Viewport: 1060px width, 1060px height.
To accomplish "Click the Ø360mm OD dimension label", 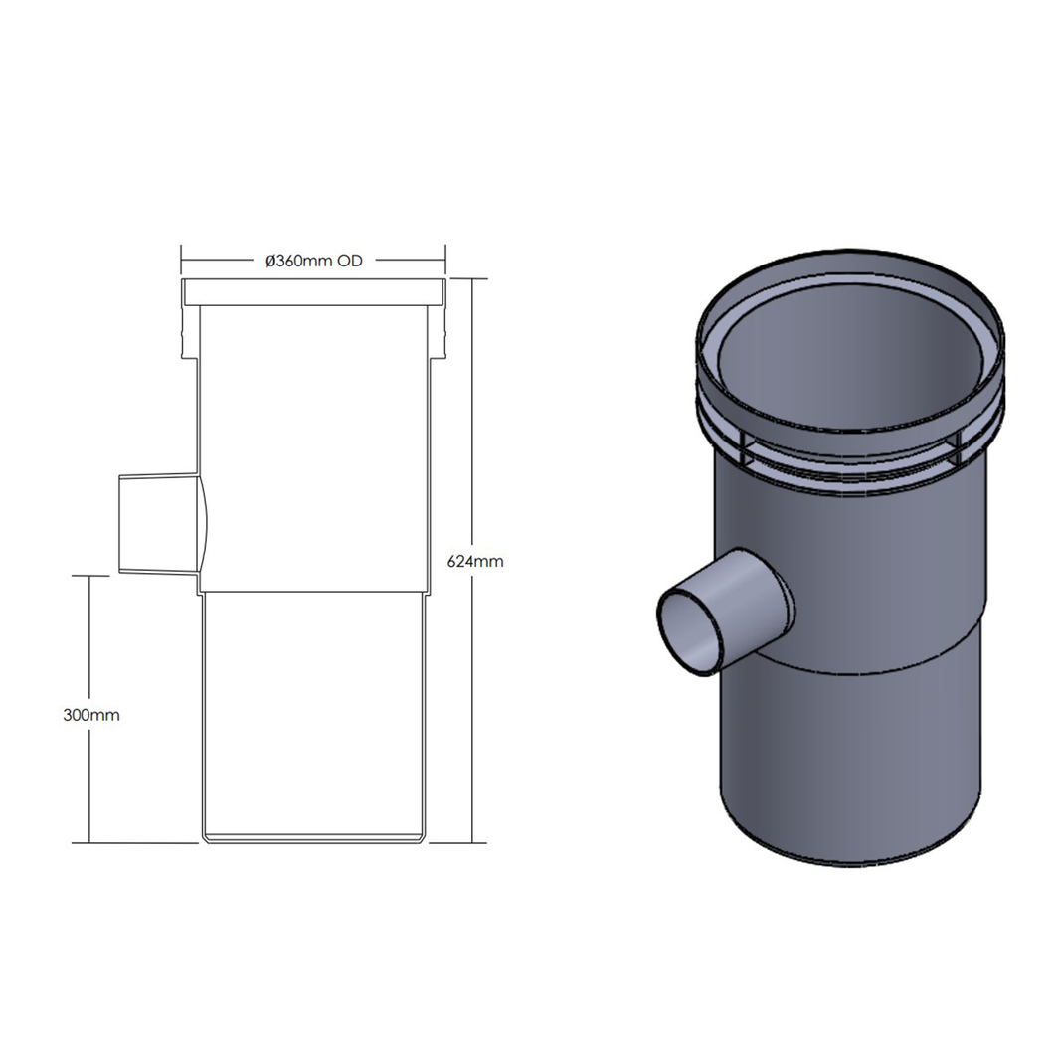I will point(312,262).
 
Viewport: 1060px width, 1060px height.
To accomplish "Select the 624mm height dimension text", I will point(475,561).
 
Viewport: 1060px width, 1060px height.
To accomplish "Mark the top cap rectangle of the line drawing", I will point(312,292).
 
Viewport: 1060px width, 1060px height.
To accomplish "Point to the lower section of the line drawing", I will point(314,716).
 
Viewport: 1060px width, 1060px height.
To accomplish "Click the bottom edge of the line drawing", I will point(314,841).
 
